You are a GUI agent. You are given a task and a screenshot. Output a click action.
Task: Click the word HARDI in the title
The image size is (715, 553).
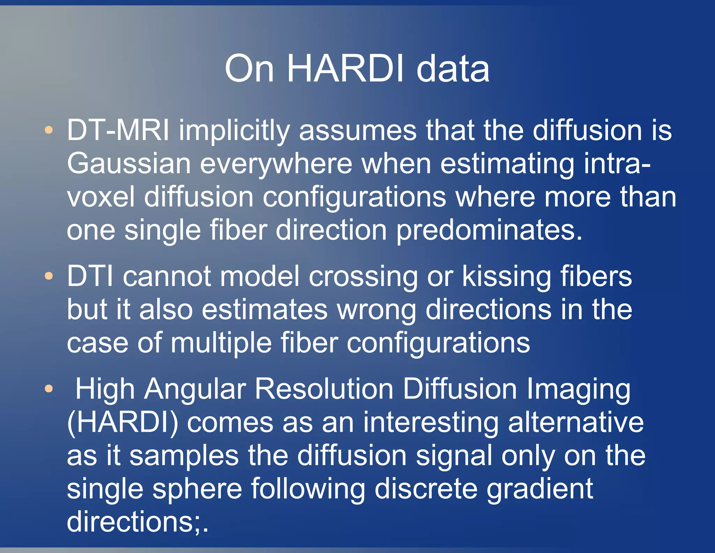pyautogui.click(x=345, y=69)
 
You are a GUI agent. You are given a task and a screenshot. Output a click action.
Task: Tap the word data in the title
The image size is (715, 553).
pyautogui.click(x=453, y=69)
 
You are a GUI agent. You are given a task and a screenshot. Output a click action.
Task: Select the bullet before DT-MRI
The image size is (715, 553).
pyautogui.click(x=49, y=130)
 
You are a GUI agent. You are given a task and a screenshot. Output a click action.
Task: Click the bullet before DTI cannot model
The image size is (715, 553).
pyautogui.click(x=49, y=276)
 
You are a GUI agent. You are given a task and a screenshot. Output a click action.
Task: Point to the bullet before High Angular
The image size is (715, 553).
pyautogui.click(x=49, y=388)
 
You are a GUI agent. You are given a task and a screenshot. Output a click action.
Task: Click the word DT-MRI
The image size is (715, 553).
pyautogui.click(x=118, y=130)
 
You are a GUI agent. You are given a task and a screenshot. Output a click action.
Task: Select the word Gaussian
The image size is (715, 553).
pyautogui.click(x=129, y=164)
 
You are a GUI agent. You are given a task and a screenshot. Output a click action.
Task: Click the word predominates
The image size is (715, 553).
pyautogui.click(x=489, y=230)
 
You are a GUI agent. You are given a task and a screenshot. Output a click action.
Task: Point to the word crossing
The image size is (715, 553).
pyautogui.click(x=363, y=276)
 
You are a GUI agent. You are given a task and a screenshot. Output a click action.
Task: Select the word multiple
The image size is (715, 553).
pyautogui.click(x=221, y=343)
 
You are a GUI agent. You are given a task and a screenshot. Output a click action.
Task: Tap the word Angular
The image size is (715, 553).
pyautogui.click(x=196, y=389)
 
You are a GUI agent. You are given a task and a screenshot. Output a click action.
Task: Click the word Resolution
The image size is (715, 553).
pyautogui.click(x=324, y=389)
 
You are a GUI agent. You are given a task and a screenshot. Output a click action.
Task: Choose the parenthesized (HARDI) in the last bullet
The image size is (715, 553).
pyautogui.click(x=123, y=422)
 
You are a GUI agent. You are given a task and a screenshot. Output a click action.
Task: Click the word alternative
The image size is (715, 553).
pyautogui.click(x=576, y=422)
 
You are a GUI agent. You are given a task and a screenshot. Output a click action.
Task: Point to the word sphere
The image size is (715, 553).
pyautogui.click(x=197, y=489)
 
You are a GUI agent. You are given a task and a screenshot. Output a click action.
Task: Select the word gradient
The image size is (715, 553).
pyautogui.click(x=540, y=489)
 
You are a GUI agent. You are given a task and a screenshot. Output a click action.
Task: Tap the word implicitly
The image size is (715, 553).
pyautogui.click(x=234, y=130)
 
